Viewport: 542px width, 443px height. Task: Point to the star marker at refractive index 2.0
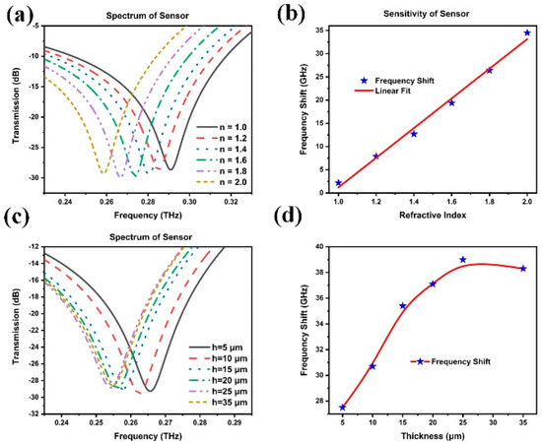(x=527, y=32)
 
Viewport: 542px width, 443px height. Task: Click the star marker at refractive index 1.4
(x=414, y=134)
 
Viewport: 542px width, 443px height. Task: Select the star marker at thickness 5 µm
(x=342, y=408)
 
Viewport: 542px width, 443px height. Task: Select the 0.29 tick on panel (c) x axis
(x=235, y=421)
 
